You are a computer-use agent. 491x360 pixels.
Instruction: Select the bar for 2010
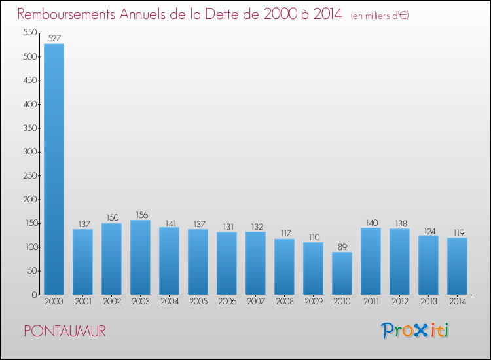[342, 274]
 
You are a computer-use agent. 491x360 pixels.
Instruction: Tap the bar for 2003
[140, 257]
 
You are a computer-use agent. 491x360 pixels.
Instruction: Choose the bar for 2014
[457, 266]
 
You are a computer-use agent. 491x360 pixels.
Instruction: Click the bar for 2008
[284, 267]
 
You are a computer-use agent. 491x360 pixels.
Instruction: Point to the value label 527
[54, 39]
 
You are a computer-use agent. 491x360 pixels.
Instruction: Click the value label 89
[342, 247]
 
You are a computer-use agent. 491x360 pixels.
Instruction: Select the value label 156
[140, 215]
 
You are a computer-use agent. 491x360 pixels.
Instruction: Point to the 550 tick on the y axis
[29, 33]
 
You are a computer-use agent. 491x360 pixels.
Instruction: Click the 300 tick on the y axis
[29, 152]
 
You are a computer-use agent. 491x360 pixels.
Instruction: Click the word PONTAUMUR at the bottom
[65, 332]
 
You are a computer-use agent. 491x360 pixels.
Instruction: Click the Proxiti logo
[416, 331]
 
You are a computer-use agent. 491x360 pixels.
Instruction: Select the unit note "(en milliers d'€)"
[380, 16]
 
